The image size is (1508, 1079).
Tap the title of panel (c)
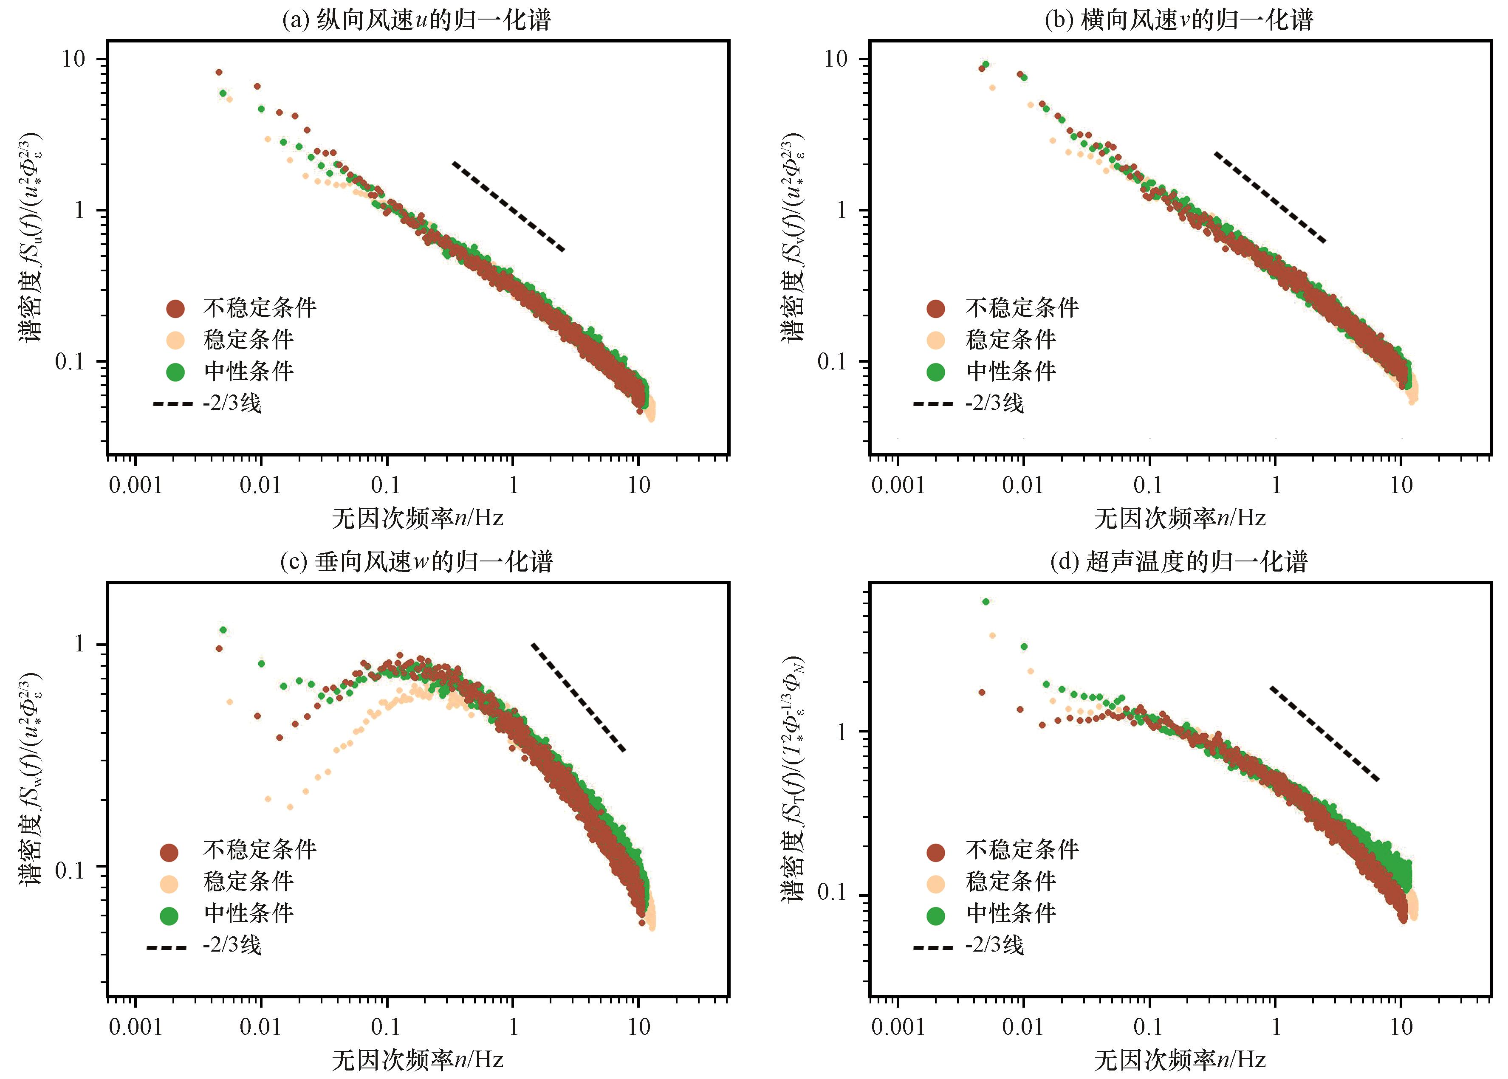point(417,562)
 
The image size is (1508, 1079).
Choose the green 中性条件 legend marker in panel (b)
point(936,372)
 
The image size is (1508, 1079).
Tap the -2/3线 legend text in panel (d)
point(994,945)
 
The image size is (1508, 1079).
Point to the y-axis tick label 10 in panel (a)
point(74,59)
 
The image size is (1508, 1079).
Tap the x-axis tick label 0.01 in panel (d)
point(1023,1027)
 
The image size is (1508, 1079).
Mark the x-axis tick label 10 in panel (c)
point(639,1027)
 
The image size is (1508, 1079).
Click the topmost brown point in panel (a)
point(219,72)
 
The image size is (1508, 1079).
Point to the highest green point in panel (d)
point(986,601)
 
